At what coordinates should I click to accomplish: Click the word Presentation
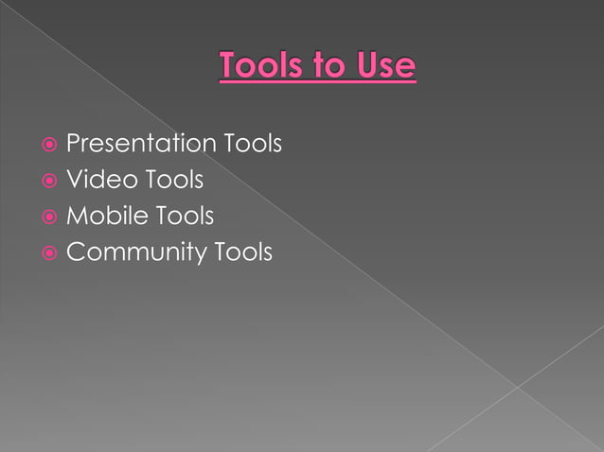(141, 145)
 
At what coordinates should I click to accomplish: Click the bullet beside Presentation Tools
(48, 146)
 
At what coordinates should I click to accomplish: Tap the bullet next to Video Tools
(48, 182)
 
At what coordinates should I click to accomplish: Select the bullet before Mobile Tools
(48, 217)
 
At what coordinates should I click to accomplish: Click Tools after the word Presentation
(253, 145)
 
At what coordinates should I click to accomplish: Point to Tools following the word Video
(174, 181)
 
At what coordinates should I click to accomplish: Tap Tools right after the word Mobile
(184, 217)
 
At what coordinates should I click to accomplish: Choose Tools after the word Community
(242, 253)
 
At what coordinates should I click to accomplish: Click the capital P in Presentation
(73, 145)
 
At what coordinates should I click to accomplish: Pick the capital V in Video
(73, 181)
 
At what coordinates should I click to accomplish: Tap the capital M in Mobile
(76, 217)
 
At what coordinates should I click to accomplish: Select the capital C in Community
(75, 253)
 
